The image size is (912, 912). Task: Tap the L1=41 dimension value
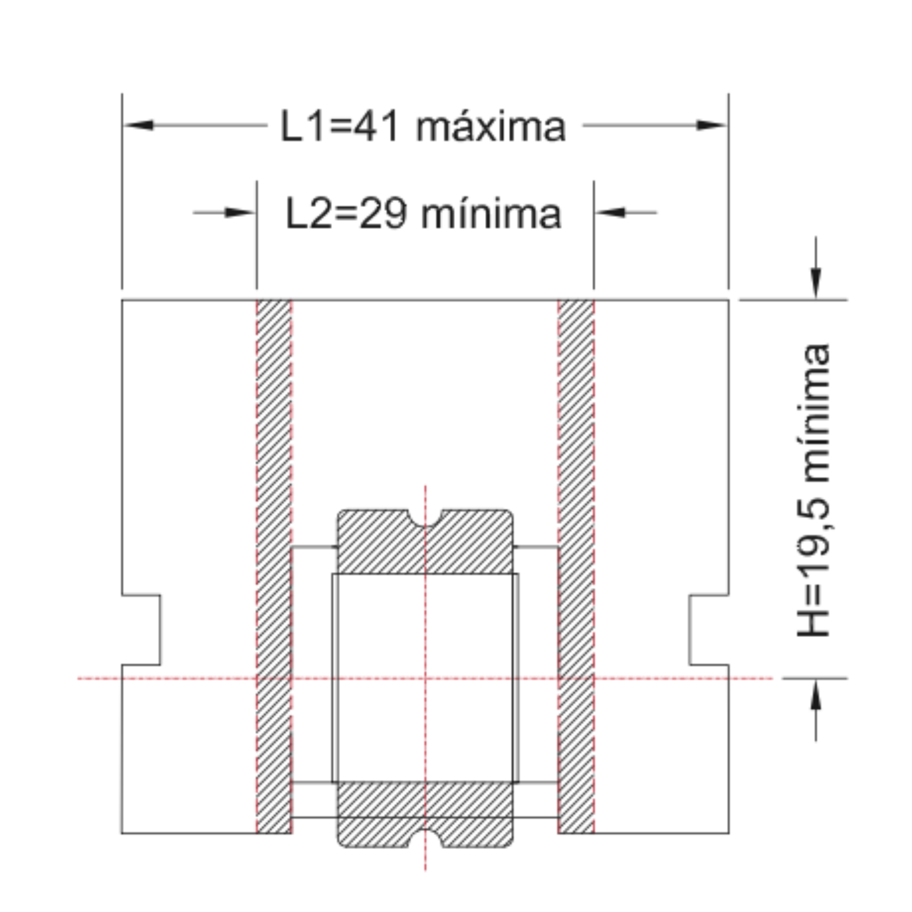(340, 126)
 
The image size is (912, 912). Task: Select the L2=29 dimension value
(346, 214)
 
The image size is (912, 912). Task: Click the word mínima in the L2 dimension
(491, 214)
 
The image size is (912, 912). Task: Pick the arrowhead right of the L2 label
(610, 212)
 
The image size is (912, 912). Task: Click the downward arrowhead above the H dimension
(816, 283)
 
